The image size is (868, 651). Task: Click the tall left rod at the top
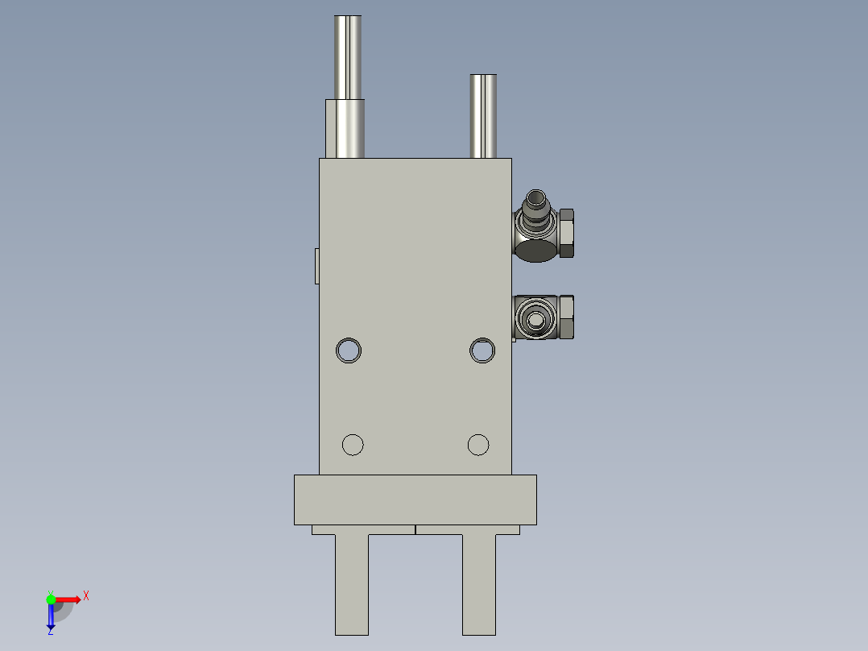(348, 56)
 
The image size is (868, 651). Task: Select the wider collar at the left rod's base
(345, 128)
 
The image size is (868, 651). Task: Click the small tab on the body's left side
(316, 266)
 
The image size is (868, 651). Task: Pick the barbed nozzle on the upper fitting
(535, 205)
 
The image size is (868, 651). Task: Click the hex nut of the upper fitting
(566, 233)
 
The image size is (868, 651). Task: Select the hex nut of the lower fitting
(566, 317)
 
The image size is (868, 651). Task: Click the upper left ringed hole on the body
(348, 350)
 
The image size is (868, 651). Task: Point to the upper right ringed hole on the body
(482, 350)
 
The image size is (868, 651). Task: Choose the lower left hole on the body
(353, 444)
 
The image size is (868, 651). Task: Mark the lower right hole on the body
(478, 444)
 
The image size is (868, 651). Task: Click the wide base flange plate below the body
(415, 500)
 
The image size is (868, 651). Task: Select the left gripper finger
(352, 584)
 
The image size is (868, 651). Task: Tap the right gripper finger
(479, 584)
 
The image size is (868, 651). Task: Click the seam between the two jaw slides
(415, 529)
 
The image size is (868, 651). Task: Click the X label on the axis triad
(86, 596)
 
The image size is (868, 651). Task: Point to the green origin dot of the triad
(51, 599)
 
